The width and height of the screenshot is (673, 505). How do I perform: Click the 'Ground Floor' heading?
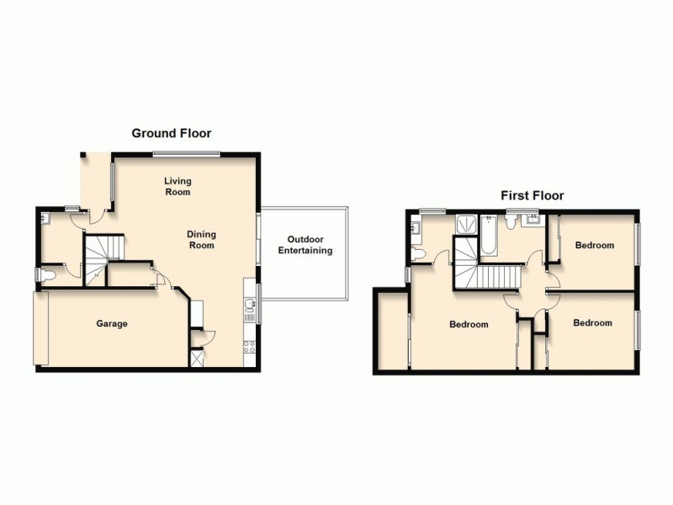[x=171, y=133]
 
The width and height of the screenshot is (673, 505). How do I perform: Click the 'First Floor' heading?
[x=532, y=195]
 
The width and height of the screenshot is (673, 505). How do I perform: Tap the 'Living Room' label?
[x=178, y=186]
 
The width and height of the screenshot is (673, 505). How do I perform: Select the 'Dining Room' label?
[x=201, y=240]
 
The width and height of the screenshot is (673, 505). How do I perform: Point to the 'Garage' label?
[x=111, y=323]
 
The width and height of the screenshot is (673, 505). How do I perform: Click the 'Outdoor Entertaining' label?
[x=305, y=244]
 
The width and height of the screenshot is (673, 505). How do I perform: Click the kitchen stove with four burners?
[x=249, y=346]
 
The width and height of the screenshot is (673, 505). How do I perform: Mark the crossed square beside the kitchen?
[x=198, y=359]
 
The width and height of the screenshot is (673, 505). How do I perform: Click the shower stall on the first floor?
[x=464, y=225]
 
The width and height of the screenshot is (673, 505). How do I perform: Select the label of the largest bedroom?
[x=468, y=325]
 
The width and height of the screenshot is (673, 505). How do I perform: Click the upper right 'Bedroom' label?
[x=594, y=246]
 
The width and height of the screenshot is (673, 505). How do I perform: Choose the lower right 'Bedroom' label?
[x=592, y=322]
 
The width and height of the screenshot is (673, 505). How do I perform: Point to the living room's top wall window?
[x=186, y=153]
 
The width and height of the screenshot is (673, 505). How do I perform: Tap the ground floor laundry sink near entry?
[x=47, y=217]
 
